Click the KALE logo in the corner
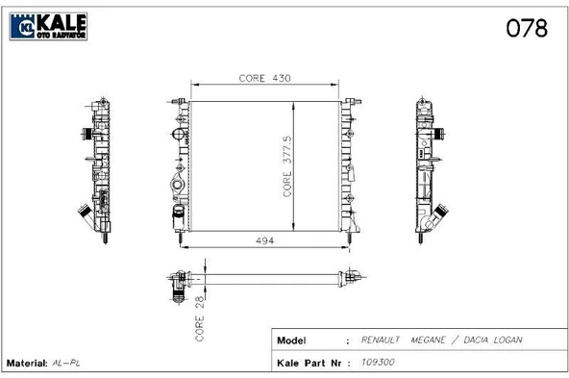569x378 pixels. click(x=48, y=26)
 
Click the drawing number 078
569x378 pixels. click(x=527, y=28)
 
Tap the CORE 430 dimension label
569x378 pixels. click(x=265, y=78)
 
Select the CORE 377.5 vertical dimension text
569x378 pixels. click(x=287, y=166)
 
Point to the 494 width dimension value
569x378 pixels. click(x=265, y=240)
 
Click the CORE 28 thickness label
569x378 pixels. click(x=200, y=318)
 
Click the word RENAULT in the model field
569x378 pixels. click(x=380, y=340)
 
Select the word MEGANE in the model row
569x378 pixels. click(x=429, y=340)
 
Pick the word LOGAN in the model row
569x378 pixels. click(x=507, y=340)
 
